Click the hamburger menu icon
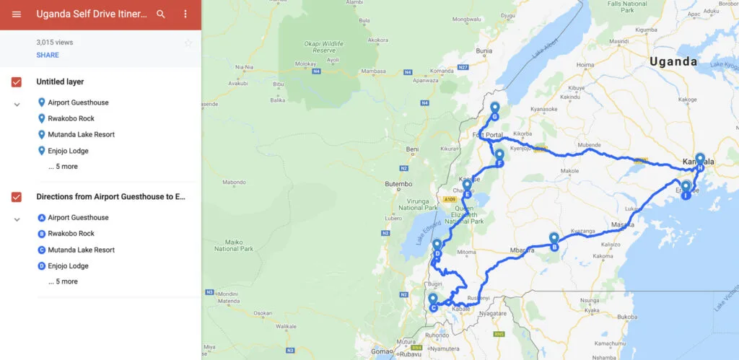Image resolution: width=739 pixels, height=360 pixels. coord(17,14)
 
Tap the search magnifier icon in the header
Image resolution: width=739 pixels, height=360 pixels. coord(161,14)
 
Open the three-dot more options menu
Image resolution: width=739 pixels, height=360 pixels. coord(185,14)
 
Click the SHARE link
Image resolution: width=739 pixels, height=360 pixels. coord(48,55)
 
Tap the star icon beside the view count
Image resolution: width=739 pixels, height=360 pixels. coord(188,43)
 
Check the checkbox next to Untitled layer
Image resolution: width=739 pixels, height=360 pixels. coord(17,82)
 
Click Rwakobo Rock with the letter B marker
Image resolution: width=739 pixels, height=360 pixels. coord(71,234)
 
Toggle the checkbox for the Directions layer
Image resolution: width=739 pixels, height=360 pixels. coord(17,197)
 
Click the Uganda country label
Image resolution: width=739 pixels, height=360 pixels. coord(673,62)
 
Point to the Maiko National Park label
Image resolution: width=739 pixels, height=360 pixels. coord(234,245)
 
